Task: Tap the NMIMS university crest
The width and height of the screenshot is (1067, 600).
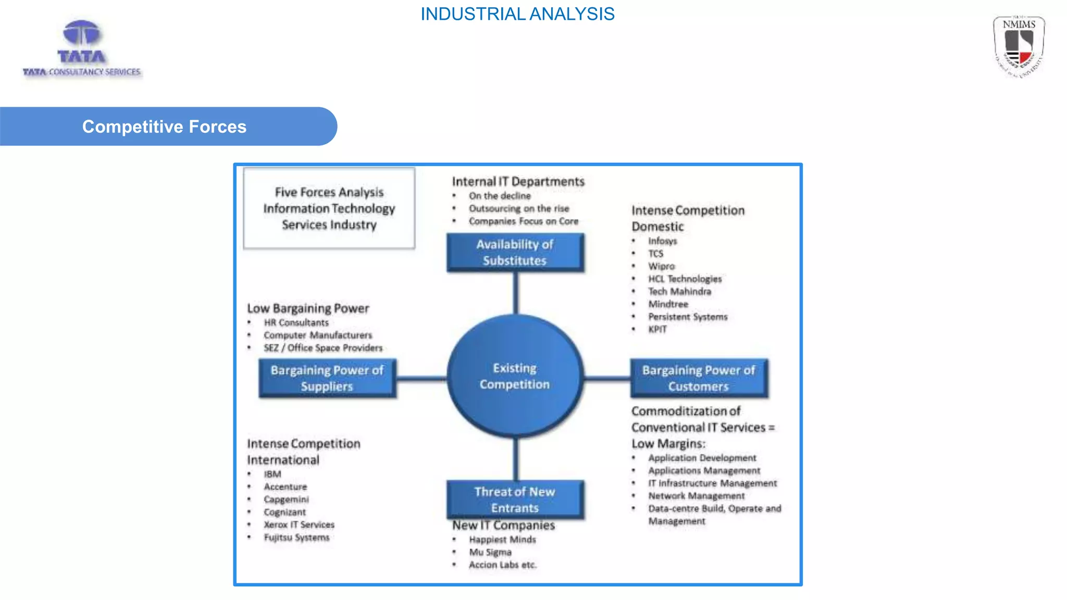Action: [1019, 46]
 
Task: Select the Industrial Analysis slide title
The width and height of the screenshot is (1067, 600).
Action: [517, 14]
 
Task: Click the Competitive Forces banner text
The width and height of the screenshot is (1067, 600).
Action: [164, 127]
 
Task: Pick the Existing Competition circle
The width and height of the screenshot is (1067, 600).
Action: [515, 376]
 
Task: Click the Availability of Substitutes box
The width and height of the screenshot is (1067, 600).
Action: [515, 253]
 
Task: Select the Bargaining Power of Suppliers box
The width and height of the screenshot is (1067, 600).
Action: [327, 378]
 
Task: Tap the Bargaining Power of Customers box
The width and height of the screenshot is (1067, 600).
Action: [698, 378]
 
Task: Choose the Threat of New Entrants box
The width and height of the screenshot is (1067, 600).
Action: [515, 499]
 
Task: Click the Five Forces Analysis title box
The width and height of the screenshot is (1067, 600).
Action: [329, 208]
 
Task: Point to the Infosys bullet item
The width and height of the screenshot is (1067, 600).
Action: [662, 241]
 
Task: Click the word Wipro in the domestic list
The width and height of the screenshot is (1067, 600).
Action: [661, 266]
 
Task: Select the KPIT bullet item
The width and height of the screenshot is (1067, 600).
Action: [657, 329]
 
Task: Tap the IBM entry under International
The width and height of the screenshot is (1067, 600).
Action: [272, 474]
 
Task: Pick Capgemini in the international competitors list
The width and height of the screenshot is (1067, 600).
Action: [286, 499]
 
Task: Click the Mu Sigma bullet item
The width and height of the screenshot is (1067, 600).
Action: [490, 552]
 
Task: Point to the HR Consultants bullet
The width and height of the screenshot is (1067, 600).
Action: [296, 323]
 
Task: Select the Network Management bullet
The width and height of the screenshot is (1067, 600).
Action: [696, 496]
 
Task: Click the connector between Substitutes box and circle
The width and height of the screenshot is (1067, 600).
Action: [515, 293]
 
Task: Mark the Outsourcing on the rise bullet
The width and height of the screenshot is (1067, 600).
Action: [518, 208]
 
